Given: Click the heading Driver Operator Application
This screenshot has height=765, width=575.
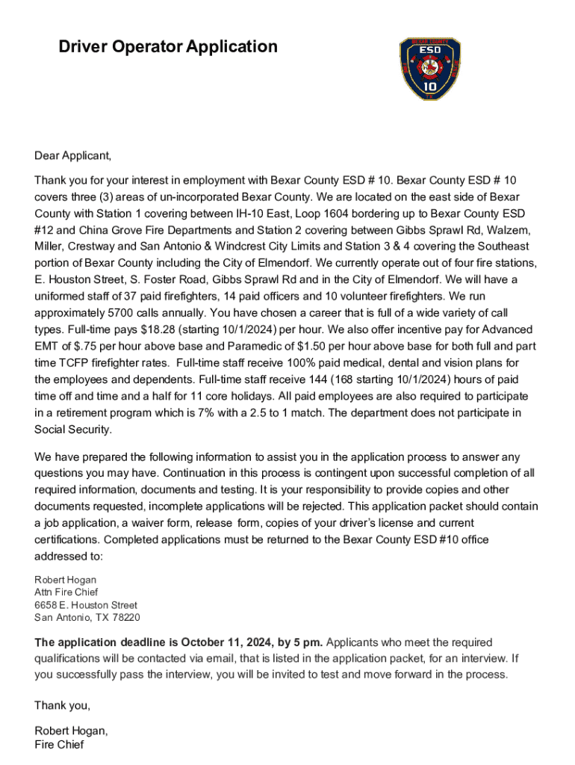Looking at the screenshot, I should (168, 47).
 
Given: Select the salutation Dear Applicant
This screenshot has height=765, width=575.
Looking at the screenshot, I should (72, 156).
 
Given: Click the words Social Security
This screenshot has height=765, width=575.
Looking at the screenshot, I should (72, 430).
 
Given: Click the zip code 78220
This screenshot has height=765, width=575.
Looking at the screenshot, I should (125, 618).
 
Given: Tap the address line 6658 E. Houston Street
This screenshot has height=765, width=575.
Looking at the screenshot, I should (86, 605).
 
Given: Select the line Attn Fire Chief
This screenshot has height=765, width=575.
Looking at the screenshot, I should (66, 592).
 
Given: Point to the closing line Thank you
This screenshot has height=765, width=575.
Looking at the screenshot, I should (62, 706).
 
